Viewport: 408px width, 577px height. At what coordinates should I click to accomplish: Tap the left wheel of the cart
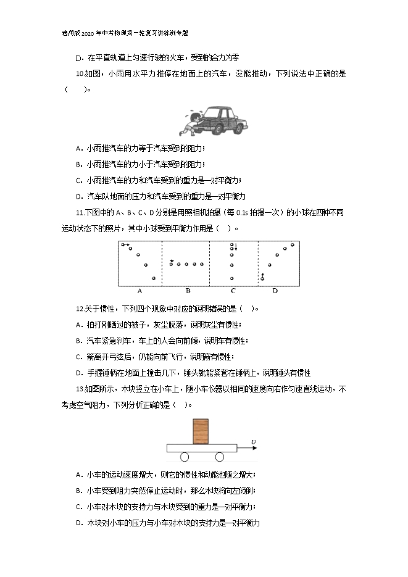185,457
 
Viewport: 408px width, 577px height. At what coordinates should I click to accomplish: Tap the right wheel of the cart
220,457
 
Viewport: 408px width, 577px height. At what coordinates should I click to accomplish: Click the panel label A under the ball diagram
139,291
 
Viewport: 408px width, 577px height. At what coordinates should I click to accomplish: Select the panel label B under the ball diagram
188,291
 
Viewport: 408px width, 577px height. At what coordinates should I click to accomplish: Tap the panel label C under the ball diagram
233,291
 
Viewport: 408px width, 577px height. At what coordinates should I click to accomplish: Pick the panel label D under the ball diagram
275,291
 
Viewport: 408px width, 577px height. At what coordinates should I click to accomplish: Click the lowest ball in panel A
154,279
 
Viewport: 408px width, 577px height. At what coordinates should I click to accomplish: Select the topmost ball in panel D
293,244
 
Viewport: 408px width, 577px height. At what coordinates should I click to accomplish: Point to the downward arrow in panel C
236,247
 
